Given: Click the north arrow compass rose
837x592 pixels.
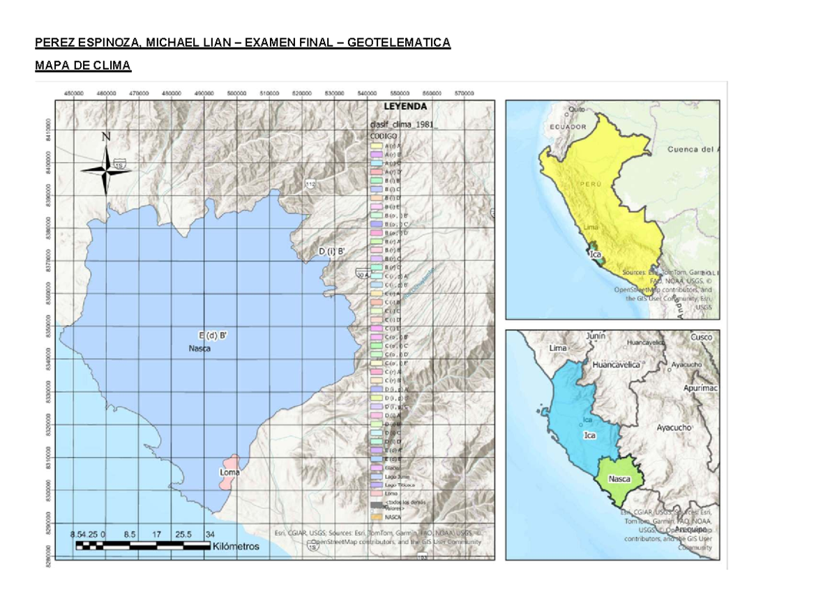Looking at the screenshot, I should (107, 167).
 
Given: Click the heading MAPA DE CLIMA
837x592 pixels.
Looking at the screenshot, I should (83, 66).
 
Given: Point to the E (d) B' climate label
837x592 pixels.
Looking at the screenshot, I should (213, 335).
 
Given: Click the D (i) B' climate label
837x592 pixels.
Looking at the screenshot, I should (332, 252).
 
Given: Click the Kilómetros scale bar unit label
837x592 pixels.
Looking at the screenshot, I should (236, 547).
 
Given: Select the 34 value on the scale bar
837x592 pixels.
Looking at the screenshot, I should (210, 534).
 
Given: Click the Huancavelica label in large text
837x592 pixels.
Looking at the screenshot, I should (616, 364).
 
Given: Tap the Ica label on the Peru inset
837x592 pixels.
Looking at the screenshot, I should (596, 255).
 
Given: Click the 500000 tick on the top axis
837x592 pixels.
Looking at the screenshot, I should (237, 93).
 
